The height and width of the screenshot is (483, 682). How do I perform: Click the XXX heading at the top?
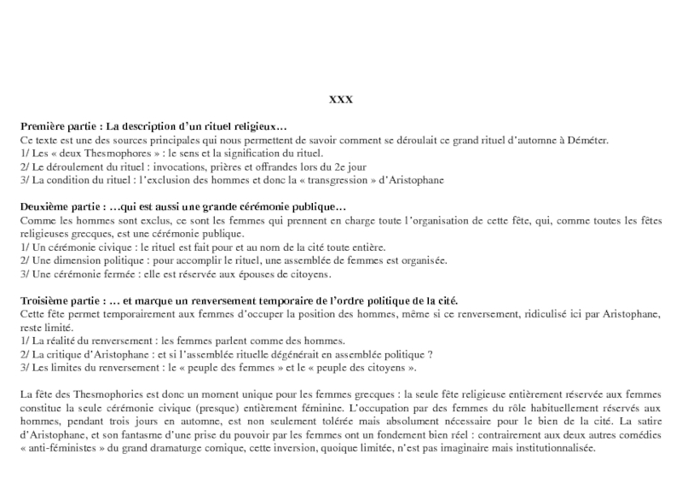[341, 100]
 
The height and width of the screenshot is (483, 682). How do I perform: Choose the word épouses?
[240, 275]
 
